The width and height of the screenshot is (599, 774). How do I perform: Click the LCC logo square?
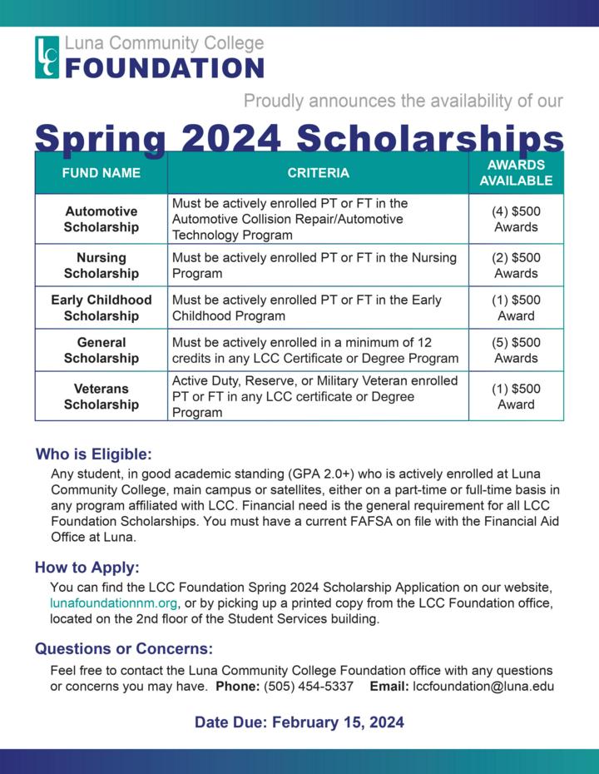tap(47, 57)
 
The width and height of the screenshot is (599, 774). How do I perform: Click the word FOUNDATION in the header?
tap(164, 67)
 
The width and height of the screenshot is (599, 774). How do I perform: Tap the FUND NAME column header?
tap(101, 173)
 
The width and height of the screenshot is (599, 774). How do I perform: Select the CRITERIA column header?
tap(318, 173)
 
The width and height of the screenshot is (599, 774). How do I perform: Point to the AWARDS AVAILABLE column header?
tap(516, 173)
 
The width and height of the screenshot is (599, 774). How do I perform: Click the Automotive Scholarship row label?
tap(101, 219)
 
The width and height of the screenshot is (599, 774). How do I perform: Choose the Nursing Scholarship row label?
tap(101, 265)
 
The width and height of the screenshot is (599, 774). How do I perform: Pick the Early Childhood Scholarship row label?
tap(101, 308)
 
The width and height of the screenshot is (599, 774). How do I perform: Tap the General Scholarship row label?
tap(101, 350)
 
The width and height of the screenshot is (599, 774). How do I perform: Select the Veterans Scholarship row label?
tap(101, 397)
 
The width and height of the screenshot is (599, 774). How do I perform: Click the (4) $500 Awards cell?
tap(516, 219)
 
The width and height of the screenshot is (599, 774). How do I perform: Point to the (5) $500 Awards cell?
tap(516, 350)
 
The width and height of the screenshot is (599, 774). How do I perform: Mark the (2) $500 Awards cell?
tap(516, 265)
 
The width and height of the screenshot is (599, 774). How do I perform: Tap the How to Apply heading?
tap(87, 568)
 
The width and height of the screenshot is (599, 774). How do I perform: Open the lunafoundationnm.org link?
tap(114, 603)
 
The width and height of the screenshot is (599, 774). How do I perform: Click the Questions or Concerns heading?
tap(124, 649)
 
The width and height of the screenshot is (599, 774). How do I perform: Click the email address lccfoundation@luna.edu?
tap(483, 687)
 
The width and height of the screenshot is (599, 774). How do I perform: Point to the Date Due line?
tap(299, 722)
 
